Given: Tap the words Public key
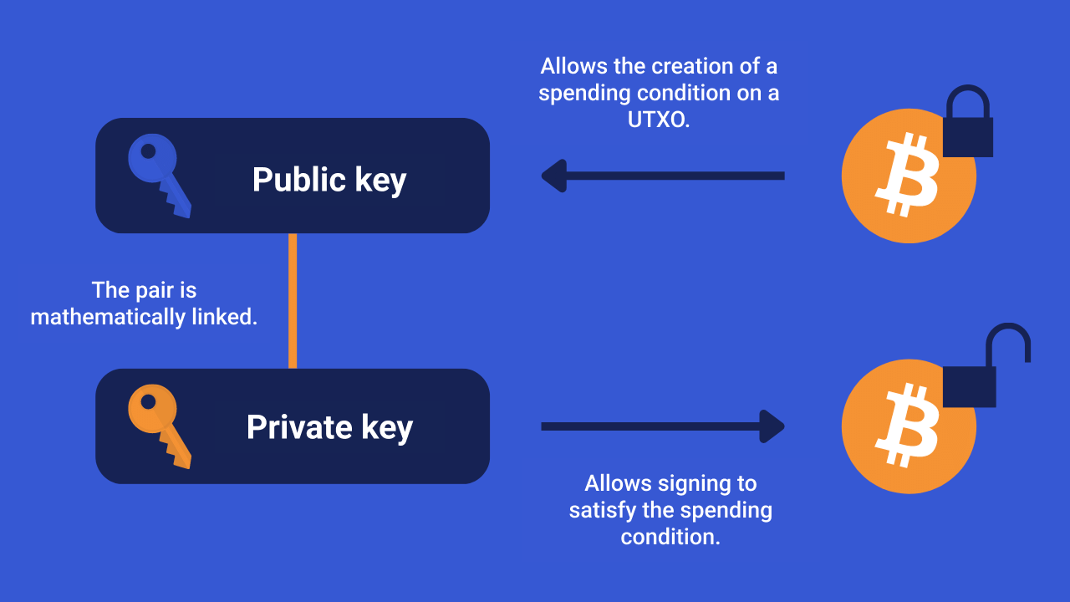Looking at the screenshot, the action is pyautogui.click(x=329, y=180).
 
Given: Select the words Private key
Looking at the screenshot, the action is pyautogui.click(x=329, y=427).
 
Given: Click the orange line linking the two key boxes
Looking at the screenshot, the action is pyautogui.click(x=293, y=301).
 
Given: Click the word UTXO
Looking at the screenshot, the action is pyautogui.click(x=659, y=120).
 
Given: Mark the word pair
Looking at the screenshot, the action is pyautogui.click(x=155, y=290).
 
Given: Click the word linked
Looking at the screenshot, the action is pyautogui.click(x=225, y=317).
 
